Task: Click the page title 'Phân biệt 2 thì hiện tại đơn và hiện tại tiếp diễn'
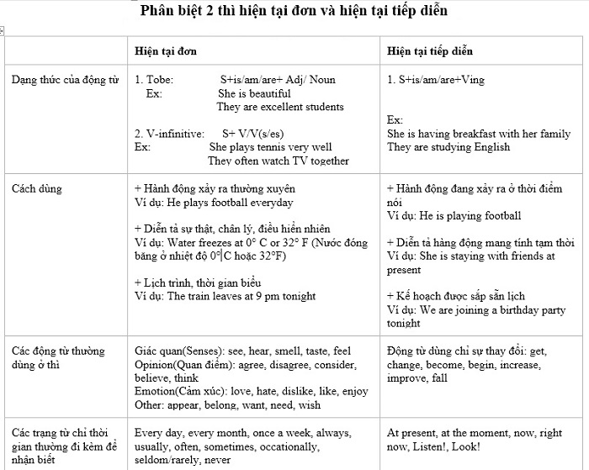pyautogui.click(x=294, y=11)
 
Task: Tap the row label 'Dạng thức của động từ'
pyautogui.click(x=64, y=80)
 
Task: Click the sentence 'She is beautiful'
pyautogui.click(x=254, y=93)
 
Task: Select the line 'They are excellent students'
pyautogui.click(x=280, y=107)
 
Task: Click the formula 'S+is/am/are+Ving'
pyautogui.click(x=436, y=80)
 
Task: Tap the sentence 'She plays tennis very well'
pyautogui.click(x=271, y=147)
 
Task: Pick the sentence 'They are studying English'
pyautogui.click(x=448, y=147)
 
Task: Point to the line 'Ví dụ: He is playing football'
pyautogui.click(x=454, y=216)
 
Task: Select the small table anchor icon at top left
pyautogui.click(x=3, y=31)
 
